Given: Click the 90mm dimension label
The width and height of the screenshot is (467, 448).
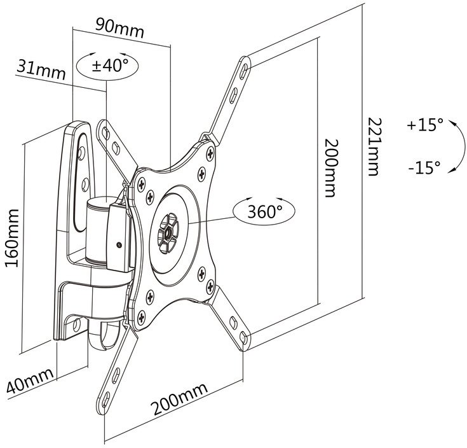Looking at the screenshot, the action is tap(119, 29).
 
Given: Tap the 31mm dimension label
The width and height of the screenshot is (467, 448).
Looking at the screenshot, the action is tap(41, 69).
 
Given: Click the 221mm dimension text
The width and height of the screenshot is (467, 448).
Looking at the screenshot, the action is tap(374, 147).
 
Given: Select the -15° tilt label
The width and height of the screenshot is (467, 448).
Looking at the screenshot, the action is tap(424, 167).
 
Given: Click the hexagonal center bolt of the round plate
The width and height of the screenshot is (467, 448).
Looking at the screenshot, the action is tap(168, 232).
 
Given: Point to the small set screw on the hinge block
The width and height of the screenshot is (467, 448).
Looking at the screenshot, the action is tap(119, 245).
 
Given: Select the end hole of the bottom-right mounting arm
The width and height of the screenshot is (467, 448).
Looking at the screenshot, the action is tap(244, 339).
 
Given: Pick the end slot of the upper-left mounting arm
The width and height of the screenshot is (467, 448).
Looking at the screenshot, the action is tap(105, 133).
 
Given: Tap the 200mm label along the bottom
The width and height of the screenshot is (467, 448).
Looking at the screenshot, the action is tap(179, 399).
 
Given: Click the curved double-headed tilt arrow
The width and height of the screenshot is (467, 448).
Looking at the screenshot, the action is tap(463, 147).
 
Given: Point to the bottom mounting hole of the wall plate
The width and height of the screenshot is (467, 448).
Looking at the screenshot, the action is tap(76, 324).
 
